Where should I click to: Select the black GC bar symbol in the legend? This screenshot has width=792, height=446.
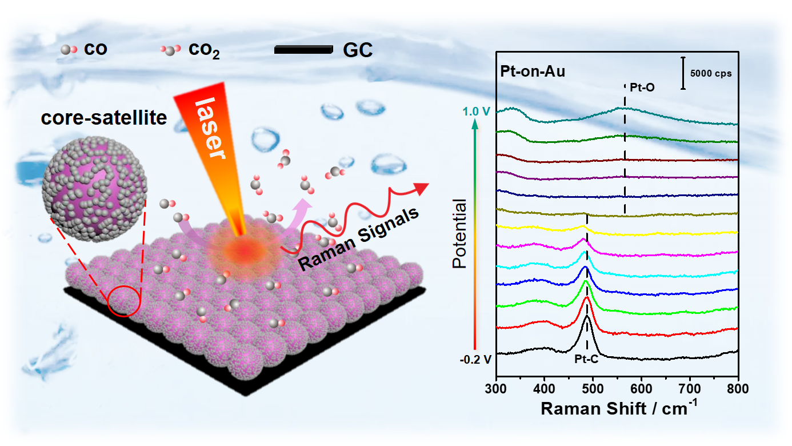(x=303, y=50)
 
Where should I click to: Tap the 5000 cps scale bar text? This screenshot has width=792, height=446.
(x=710, y=73)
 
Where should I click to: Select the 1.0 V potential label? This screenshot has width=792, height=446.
(x=477, y=111)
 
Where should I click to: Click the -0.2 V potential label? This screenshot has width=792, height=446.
(x=475, y=360)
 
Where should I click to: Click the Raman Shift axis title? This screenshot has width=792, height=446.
(x=618, y=408)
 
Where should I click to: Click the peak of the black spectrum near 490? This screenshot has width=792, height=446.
(x=587, y=316)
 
